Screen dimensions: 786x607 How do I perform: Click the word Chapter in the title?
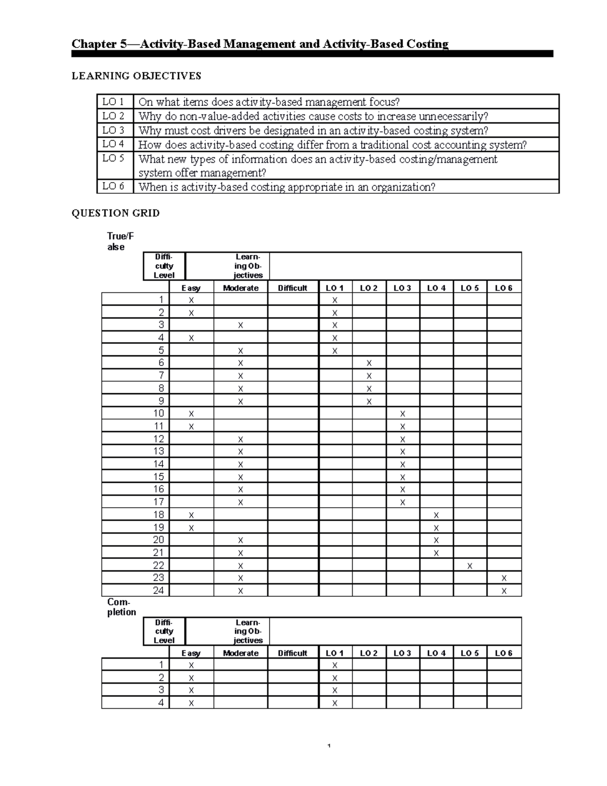click(x=94, y=44)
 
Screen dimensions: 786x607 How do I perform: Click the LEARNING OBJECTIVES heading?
click(x=136, y=76)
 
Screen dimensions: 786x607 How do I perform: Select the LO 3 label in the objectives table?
click(x=113, y=130)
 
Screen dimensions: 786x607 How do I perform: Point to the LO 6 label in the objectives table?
click(x=113, y=186)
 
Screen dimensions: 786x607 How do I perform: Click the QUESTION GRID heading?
click(x=115, y=213)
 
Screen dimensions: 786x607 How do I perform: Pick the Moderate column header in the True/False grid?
click(x=240, y=288)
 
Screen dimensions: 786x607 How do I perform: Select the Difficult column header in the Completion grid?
click(x=292, y=653)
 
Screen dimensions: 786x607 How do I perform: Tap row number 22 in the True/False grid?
click(x=158, y=565)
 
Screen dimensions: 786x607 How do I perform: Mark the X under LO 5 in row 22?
click(x=469, y=566)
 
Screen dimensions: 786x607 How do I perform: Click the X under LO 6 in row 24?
click(x=504, y=591)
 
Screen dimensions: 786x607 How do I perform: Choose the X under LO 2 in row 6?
click(x=369, y=363)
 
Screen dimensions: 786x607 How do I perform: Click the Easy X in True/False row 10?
click(x=191, y=413)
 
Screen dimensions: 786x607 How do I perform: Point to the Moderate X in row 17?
click(x=240, y=502)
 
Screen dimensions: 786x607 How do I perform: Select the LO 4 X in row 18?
click(x=436, y=515)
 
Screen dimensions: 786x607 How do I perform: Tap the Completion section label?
click(x=121, y=607)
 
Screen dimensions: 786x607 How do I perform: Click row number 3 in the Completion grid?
click(x=161, y=690)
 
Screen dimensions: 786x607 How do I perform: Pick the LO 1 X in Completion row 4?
click(x=334, y=702)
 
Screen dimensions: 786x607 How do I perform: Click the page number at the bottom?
click(x=329, y=746)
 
